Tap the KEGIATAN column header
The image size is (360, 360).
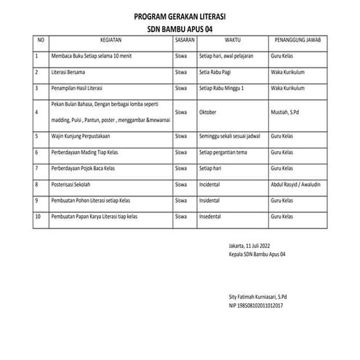[x=111, y=40]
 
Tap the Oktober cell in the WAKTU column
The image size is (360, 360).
[x=209, y=113]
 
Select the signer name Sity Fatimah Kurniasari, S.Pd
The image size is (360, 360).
[x=257, y=297]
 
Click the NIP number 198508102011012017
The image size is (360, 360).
[x=256, y=306]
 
